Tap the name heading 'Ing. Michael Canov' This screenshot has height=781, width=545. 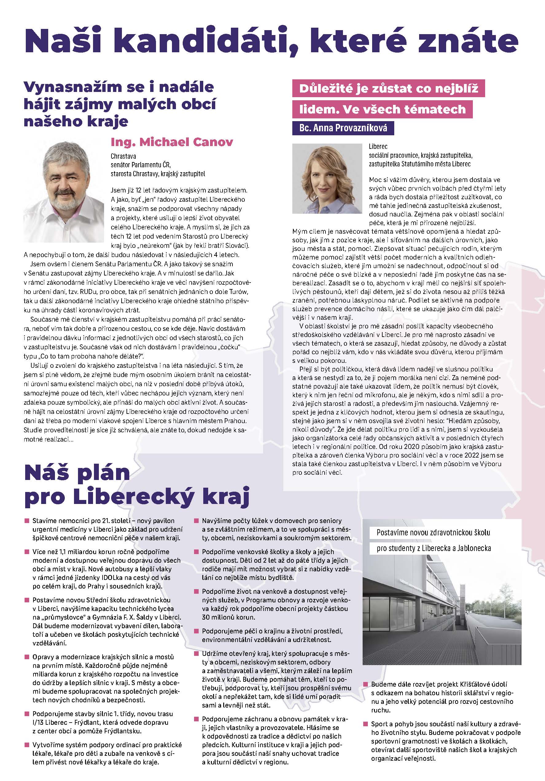(172, 142)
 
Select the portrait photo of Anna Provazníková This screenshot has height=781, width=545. (327, 178)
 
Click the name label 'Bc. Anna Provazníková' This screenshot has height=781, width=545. (343, 128)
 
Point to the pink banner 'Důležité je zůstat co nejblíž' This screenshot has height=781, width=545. (388, 89)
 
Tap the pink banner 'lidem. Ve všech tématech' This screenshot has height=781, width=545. (382, 109)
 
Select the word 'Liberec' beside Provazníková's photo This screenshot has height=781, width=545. (378, 147)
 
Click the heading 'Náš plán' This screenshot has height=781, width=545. (77, 473)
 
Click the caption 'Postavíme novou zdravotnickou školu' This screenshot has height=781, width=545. (433, 532)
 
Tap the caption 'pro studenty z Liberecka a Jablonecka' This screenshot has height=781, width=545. (434, 548)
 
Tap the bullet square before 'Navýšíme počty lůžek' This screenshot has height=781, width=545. (196, 521)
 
